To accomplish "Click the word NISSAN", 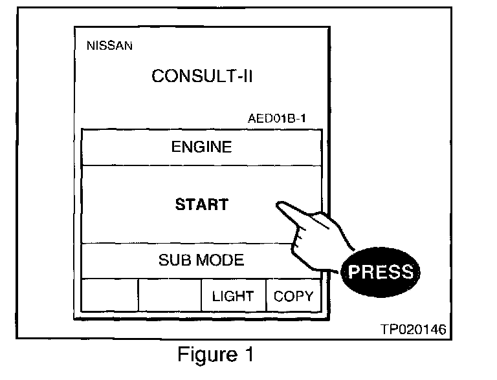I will tap(109, 46).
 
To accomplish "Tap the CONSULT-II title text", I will tap(201, 76).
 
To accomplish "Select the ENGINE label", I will tap(201, 147).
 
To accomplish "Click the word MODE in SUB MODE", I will tap(221, 260).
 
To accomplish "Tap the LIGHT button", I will tap(232, 297).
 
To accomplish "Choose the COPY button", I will tap(293, 297).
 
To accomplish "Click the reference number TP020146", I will tap(413, 330).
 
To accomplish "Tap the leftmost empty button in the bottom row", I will tap(109, 297).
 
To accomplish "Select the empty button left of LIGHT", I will tap(170, 297).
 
